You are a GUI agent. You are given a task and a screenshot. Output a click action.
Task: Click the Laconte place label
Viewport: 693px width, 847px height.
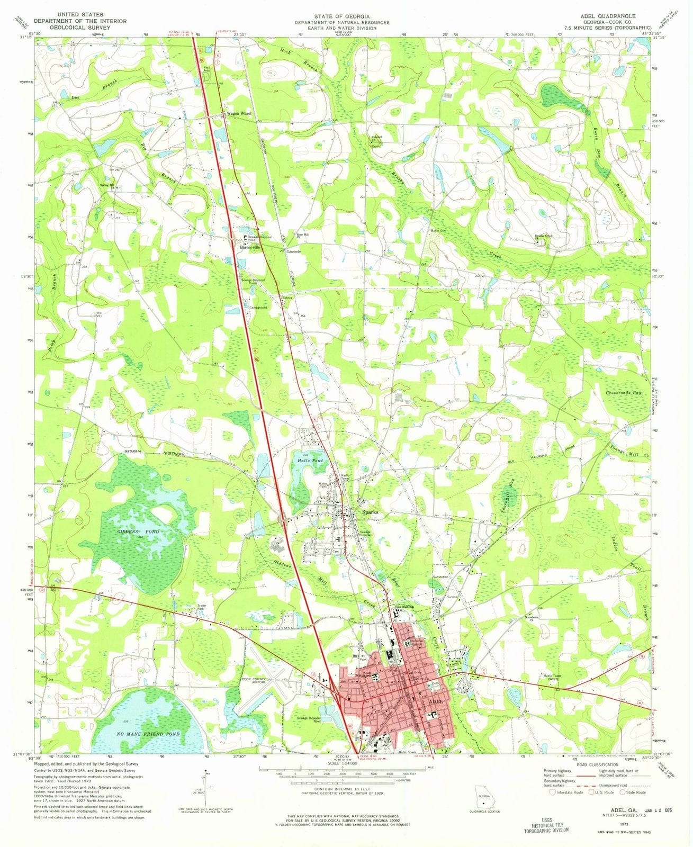(294, 251)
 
